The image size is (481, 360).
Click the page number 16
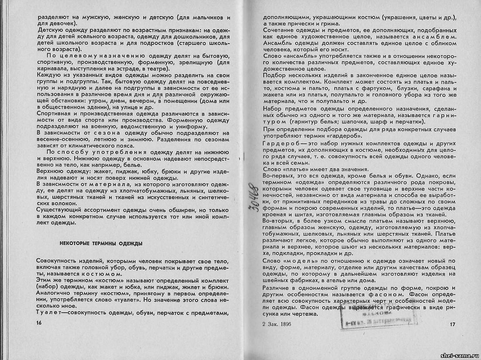click(x=39, y=322)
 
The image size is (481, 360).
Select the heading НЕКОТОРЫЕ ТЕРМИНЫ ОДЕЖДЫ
click(x=101, y=243)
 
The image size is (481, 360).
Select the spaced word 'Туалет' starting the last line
click(x=50, y=313)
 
